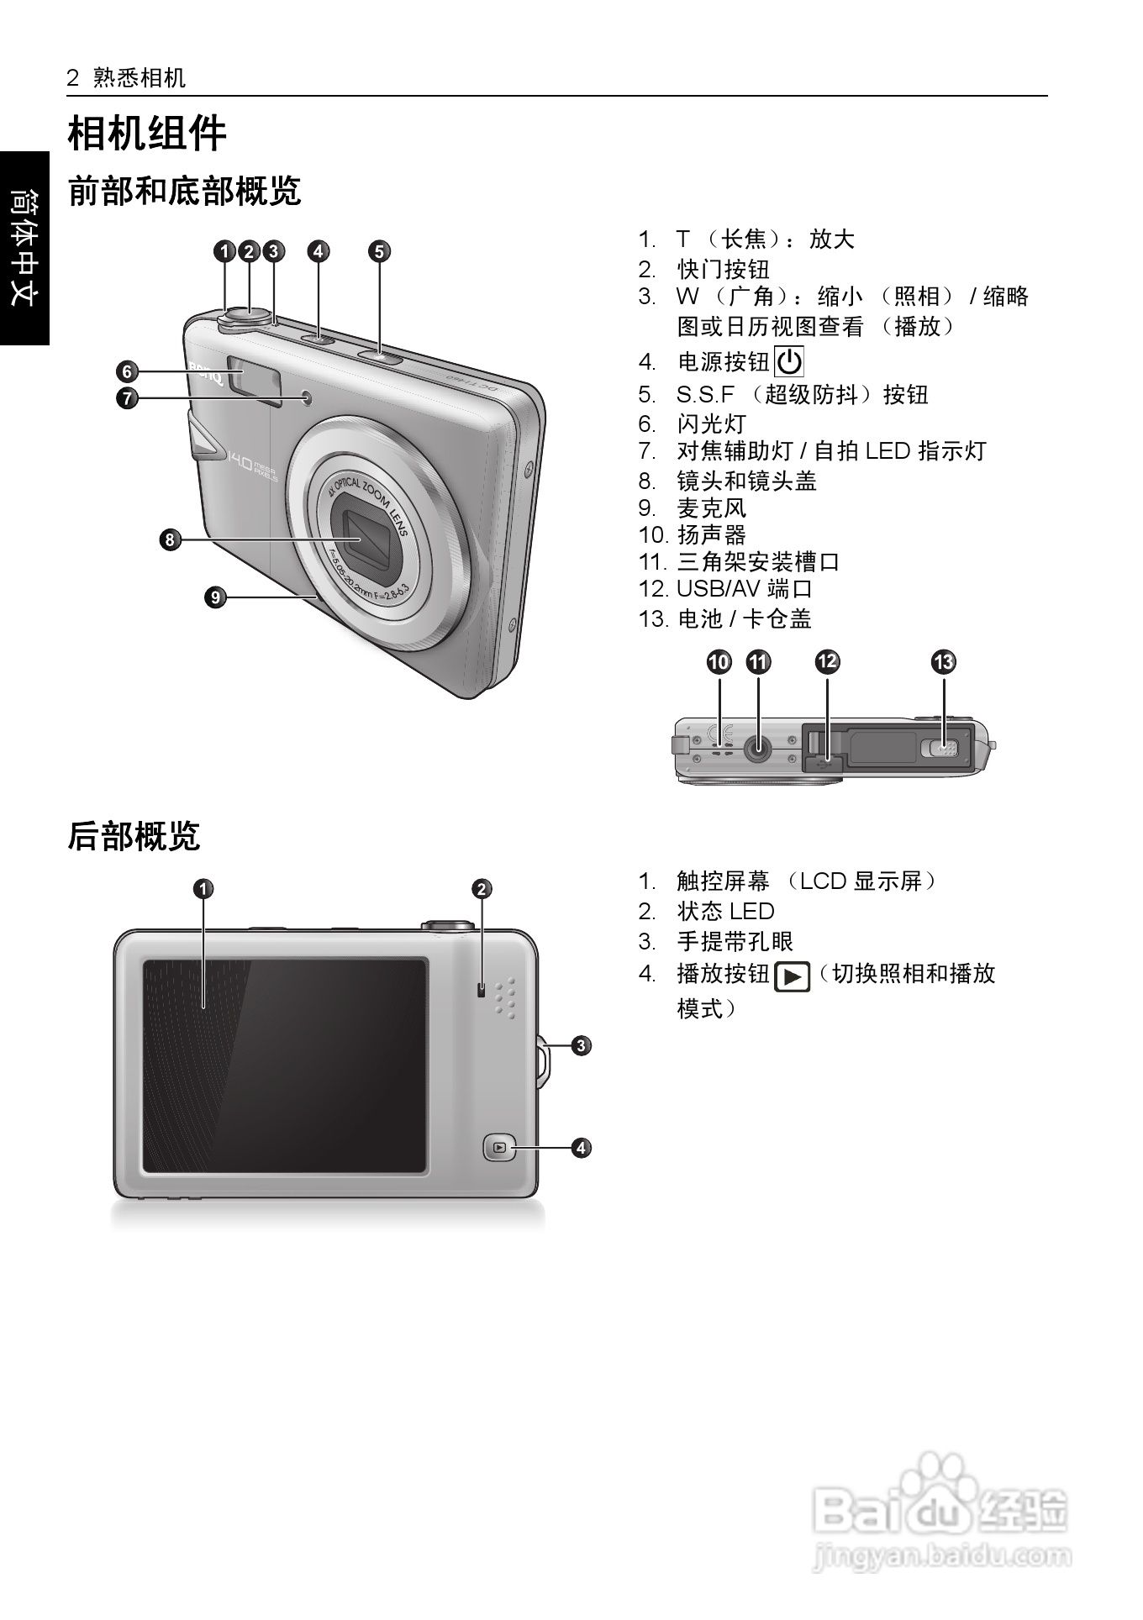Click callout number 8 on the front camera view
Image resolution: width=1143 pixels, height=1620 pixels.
pos(170,539)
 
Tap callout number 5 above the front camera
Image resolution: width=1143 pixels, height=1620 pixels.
pos(380,251)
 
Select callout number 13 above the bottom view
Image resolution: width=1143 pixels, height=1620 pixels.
pos(944,662)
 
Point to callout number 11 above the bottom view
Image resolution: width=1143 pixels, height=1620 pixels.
pos(758,662)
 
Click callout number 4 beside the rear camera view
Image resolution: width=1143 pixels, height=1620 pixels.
pos(582,1147)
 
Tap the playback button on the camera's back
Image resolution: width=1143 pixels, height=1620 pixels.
pos(500,1147)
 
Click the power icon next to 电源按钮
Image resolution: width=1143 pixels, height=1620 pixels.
pos(788,362)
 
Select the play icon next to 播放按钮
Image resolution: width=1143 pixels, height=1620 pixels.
pos(792,976)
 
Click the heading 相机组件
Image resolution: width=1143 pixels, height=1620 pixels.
pos(147,134)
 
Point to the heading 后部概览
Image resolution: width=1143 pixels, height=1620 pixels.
pos(134,837)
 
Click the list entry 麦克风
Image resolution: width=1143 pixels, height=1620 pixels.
pos(711,508)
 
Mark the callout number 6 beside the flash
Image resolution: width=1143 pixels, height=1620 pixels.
pos(127,371)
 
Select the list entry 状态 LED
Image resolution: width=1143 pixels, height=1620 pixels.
pos(725,912)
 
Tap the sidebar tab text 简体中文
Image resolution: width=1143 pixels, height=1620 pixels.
pos(24,247)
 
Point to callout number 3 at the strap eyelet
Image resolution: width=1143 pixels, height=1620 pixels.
pos(582,1046)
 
